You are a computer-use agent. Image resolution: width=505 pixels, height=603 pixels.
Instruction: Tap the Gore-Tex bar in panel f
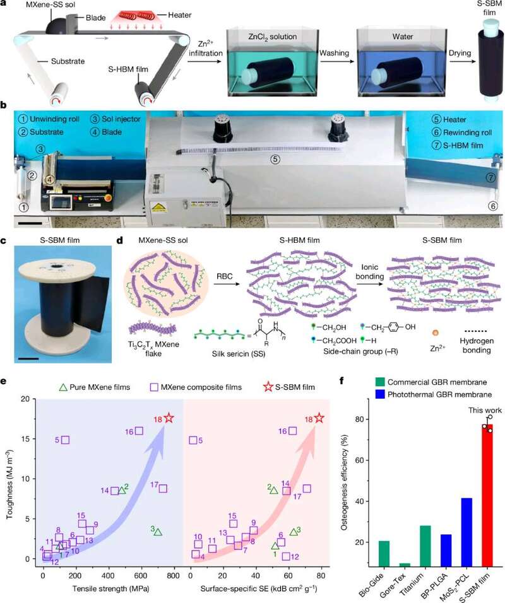pyautogui.click(x=405, y=565)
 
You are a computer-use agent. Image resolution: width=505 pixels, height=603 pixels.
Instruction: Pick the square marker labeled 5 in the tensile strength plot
pyautogui.click(x=66, y=440)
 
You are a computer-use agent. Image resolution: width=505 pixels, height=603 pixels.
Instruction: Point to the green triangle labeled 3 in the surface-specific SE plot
pyautogui.click(x=294, y=532)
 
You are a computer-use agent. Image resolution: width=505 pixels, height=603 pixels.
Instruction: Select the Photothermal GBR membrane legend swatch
pyautogui.click(x=380, y=394)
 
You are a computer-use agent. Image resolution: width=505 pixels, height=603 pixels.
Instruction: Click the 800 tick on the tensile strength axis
pyautogui.click(x=174, y=576)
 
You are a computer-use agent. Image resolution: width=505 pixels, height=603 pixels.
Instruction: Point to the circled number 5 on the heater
pyautogui.click(x=275, y=159)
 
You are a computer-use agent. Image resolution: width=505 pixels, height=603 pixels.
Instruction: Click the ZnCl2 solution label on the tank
pyautogui.click(x=273, y=37)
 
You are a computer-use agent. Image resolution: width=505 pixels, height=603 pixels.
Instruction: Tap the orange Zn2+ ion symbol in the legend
pyautogui.click(x=436, y=333)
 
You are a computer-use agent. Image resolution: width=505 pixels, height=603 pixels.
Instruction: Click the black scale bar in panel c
pyautogui.click(x=28, y=359)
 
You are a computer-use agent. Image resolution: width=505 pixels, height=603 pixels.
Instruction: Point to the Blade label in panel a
pyautogui.click(x=95, y=18)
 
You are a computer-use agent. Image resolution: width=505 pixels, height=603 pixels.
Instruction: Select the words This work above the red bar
pyautogui.click(x=485, y=411)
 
